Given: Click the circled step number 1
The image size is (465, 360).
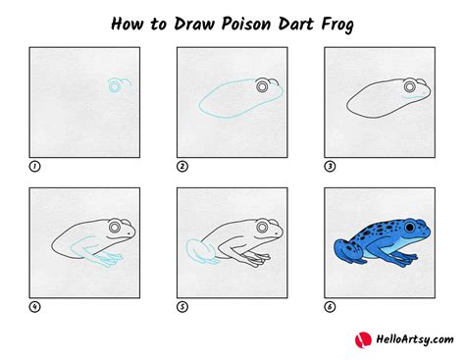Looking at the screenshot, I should (x=35, y=166).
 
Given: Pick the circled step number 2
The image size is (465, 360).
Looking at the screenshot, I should (x=182, y=166).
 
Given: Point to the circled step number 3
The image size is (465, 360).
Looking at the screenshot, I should (x=330, y=166).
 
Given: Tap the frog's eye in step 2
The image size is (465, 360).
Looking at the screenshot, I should (x=262, y=87).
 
